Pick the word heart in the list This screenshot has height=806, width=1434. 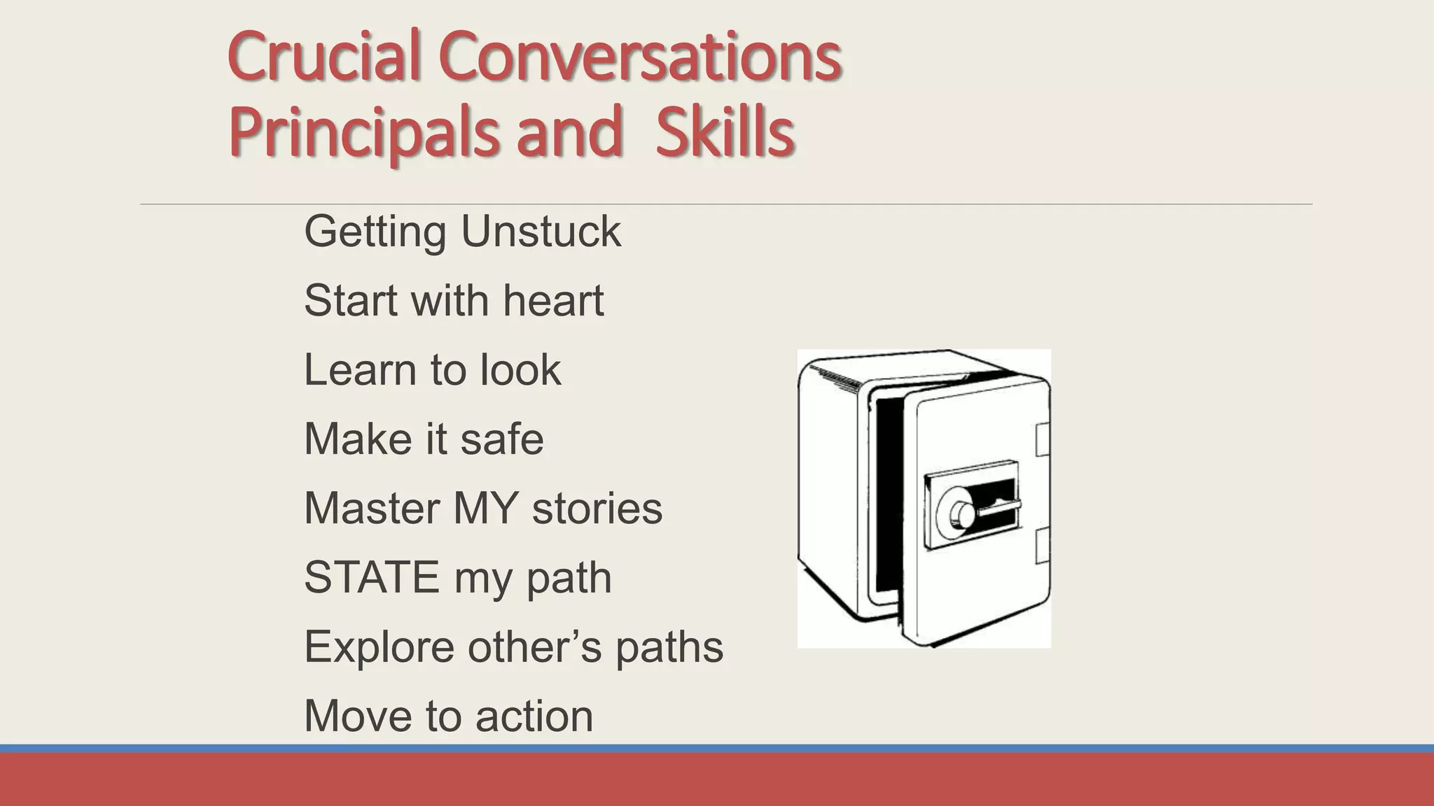click(553, 300)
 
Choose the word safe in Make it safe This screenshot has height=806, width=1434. click(501, 439)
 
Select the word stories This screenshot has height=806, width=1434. click(597, 508)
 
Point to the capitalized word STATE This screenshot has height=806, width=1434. click(371, 577)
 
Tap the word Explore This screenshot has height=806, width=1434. click(379, 646)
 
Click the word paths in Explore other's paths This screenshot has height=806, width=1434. click(669, 648)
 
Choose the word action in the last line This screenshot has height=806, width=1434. click(534, 716)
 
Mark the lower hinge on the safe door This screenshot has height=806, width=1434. click(1043, 546)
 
